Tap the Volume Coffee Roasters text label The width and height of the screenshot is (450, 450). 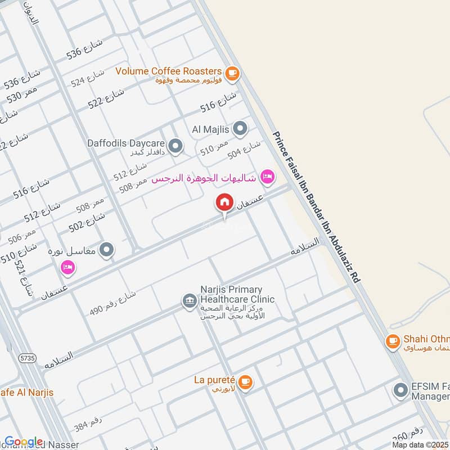point(168,71)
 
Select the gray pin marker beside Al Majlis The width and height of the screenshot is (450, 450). point(240,129)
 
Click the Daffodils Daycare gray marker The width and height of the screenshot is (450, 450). point(176,147)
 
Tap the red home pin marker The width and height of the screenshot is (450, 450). point(224,202)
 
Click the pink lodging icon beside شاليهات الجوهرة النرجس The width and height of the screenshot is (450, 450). point(268,177)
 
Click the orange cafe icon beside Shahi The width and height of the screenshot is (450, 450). point(392,340)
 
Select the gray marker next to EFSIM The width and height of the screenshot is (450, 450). point(400,389)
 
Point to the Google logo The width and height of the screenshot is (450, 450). point(24,442)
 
